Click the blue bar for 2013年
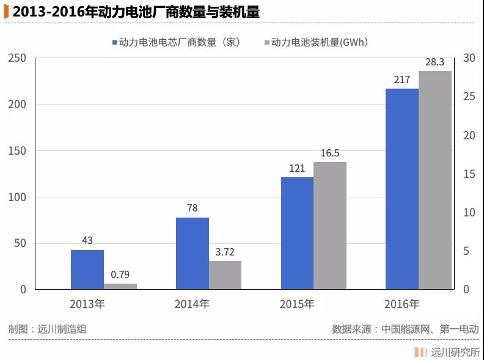click(87, 270)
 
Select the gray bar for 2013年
click(120, 286)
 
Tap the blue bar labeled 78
click(193, 253)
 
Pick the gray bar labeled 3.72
click(226, 275)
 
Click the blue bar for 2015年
click(297, 233)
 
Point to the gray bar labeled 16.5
click(330, 226)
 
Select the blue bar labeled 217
click(402, 189)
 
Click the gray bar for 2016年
click(435, 180)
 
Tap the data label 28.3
click(435, 62)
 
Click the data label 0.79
click(120, 274)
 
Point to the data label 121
click(297, 168)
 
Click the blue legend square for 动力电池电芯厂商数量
click(114, 43)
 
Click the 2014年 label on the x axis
click(192, 304)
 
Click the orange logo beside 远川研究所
click(420, 351)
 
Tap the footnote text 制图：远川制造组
click(48, 328)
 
